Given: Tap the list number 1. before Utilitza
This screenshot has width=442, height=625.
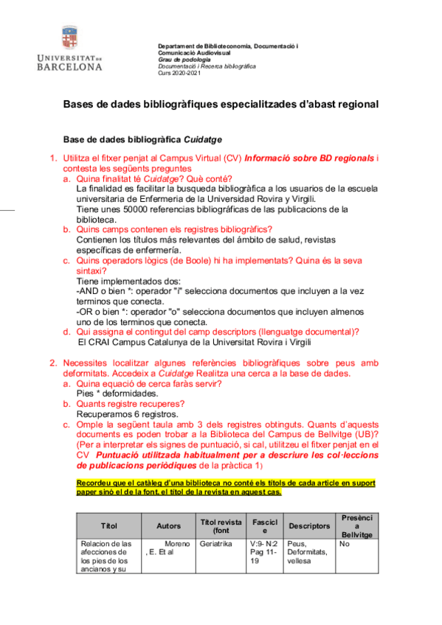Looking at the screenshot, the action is (53, 158).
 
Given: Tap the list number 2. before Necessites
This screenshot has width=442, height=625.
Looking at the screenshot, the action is (53, 363).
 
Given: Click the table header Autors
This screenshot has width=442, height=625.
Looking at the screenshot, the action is (168, 526).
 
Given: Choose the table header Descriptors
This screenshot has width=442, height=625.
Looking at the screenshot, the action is (308, 526).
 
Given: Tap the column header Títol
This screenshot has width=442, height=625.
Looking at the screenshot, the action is (109, 526).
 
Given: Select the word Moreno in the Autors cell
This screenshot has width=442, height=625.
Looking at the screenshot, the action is (178, 545).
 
